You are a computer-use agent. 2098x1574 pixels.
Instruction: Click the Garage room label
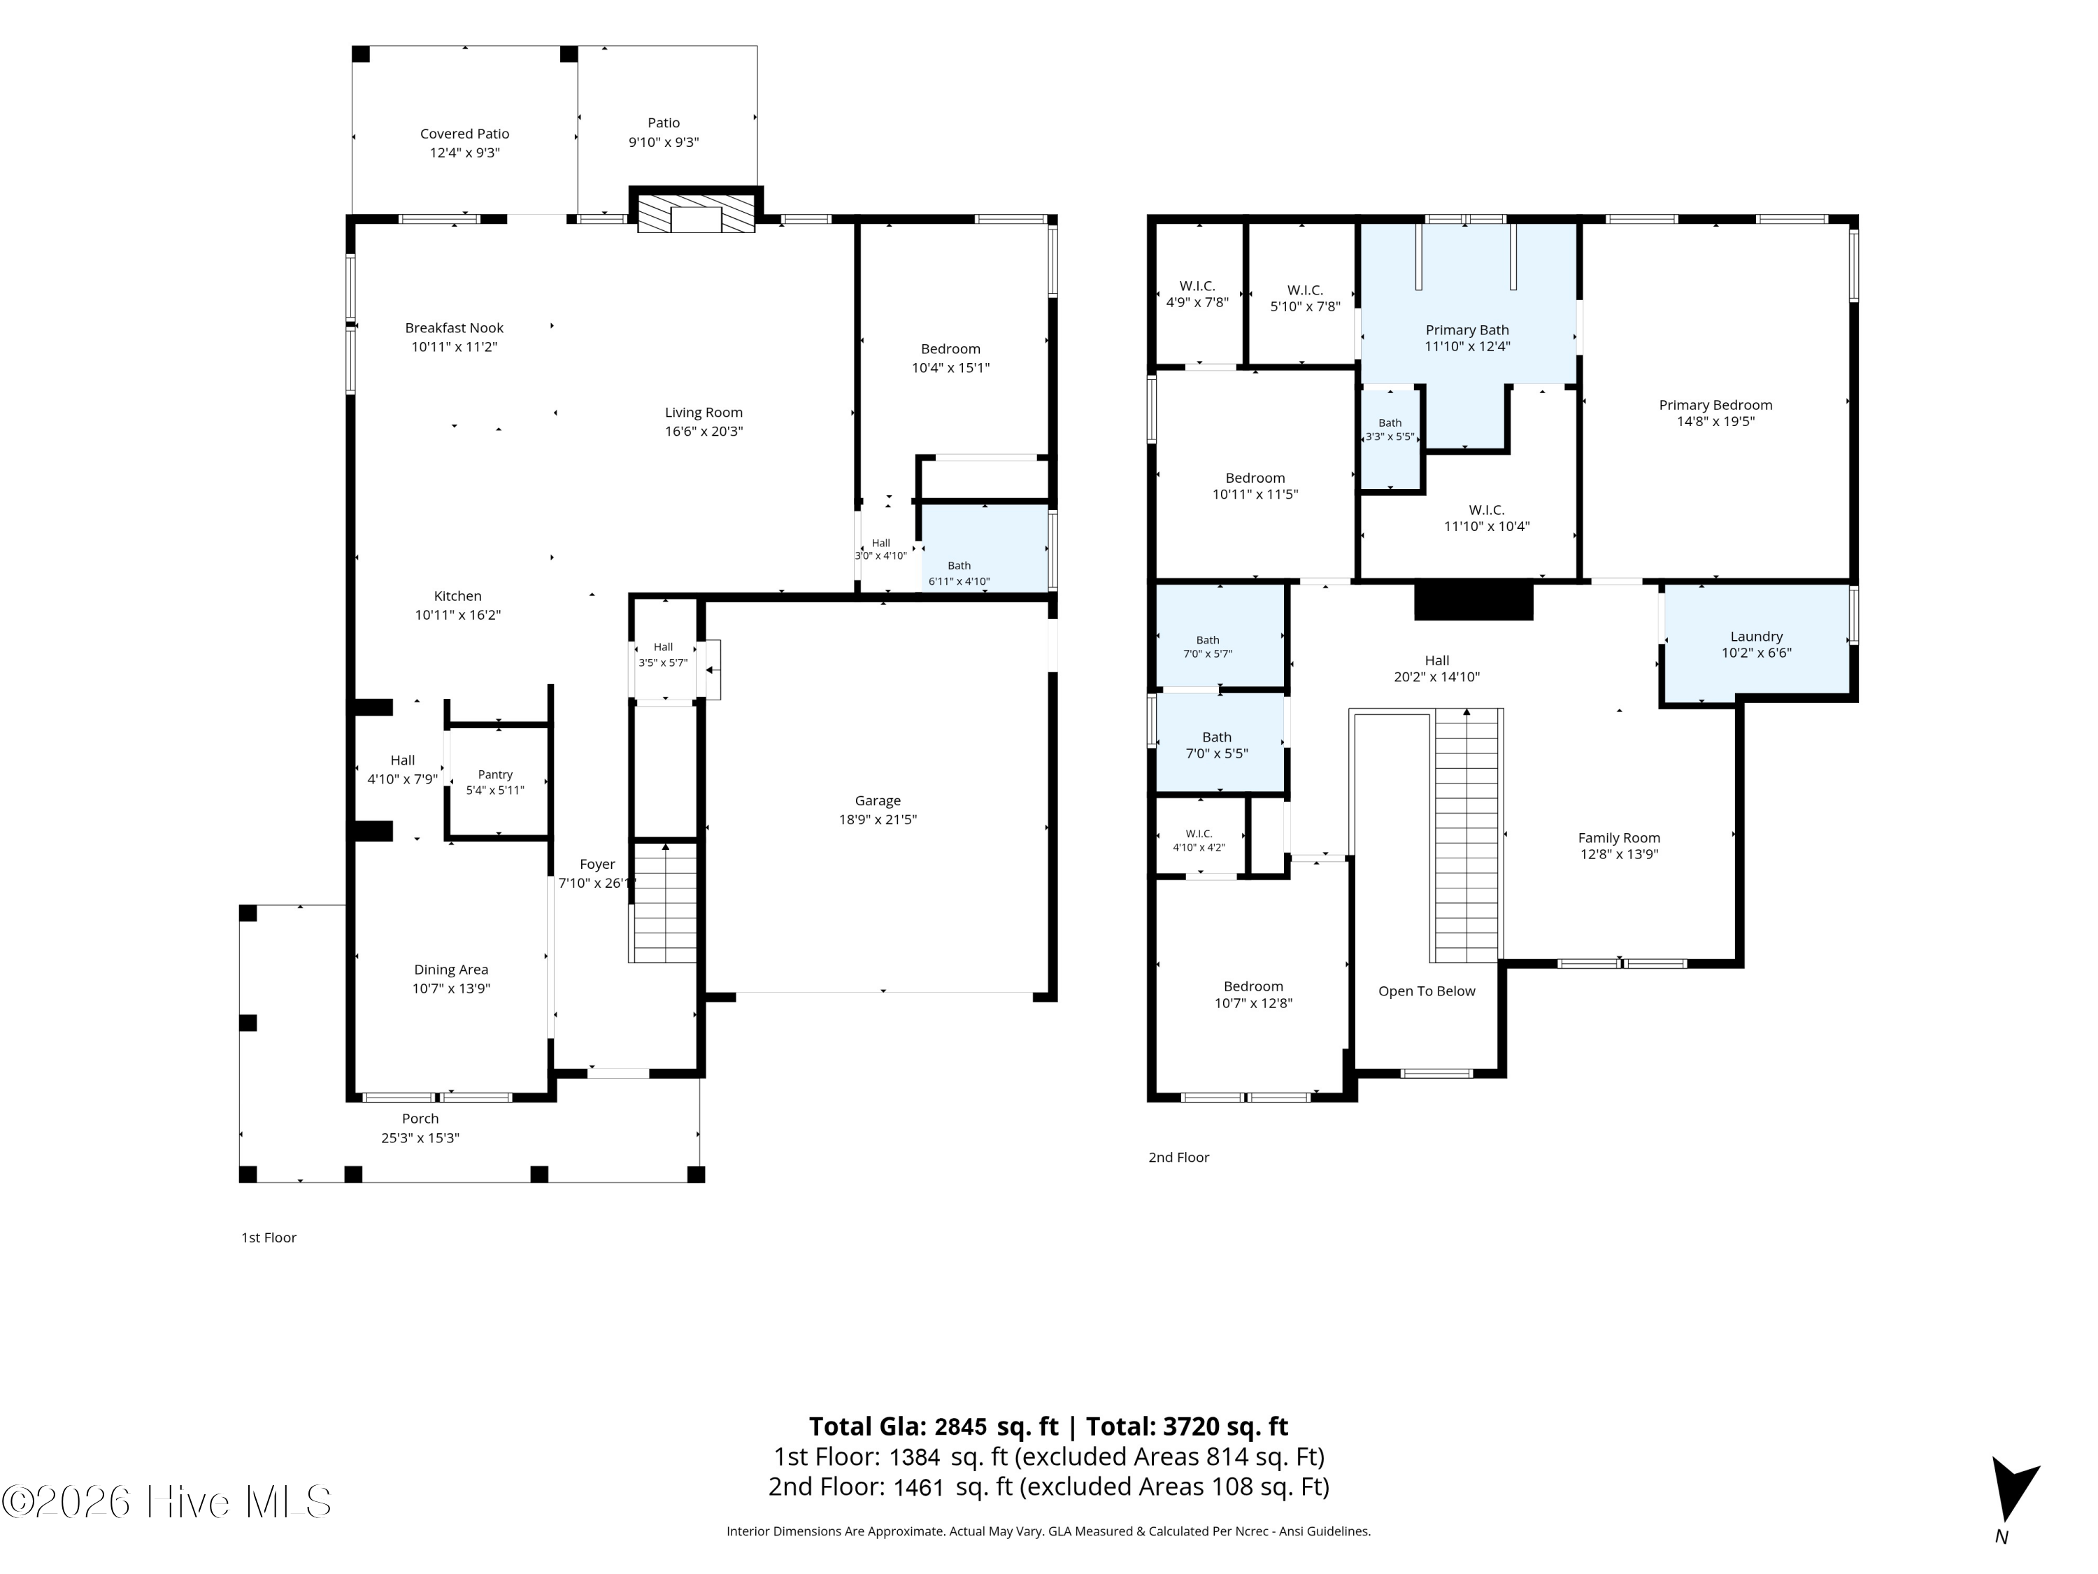pos(878,801)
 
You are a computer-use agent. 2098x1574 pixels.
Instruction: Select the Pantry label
pos(495,775)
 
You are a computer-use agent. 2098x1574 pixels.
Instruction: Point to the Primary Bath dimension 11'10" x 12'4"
pos(1467,346)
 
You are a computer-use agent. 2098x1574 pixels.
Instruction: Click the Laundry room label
pos(1757,637)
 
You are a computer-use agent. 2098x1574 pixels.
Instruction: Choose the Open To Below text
pos(1427,991)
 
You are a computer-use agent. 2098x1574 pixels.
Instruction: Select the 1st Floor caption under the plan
pos(269,1238)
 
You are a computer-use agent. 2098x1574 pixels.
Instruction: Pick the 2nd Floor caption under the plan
pos(1179,1158)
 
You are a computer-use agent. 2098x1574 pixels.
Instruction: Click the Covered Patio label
pos(465,134)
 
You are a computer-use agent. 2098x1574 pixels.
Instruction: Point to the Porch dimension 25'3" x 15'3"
pos(420,1137)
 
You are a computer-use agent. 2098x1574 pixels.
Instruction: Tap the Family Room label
pos(1619,838)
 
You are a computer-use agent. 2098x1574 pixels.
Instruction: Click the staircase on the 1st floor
pos(665,902)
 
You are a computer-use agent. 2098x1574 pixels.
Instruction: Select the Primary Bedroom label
pos(1715,405)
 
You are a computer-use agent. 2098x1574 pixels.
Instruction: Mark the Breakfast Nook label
pos(455,328)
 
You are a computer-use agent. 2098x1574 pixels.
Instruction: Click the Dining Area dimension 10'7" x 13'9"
pos(452,988)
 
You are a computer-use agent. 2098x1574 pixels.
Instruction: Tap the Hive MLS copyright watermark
pos(167,1502)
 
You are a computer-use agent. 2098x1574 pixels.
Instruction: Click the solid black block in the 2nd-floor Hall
pos(1473,600)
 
